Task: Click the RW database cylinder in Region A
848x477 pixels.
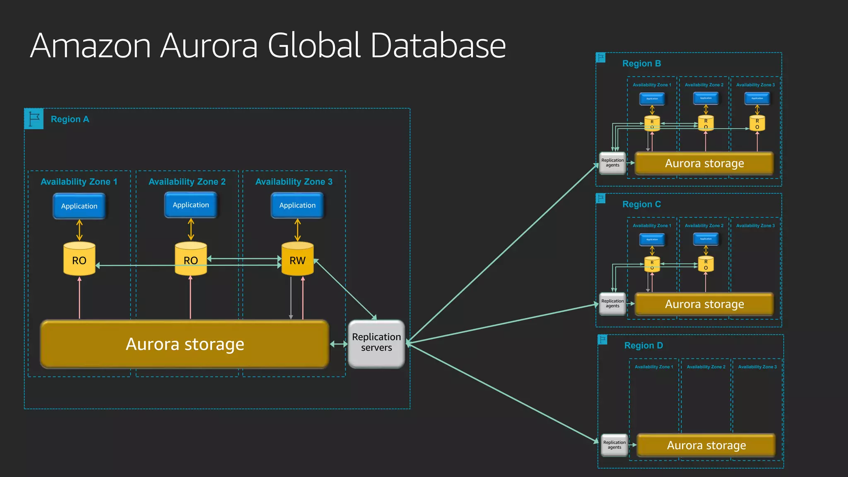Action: (297, 260)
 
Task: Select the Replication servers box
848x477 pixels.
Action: (376, 343)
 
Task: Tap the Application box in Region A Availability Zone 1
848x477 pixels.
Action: (79, 206)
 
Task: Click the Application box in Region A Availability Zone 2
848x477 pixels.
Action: (190, 205)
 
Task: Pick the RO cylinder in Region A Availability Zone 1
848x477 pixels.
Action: (79, 260)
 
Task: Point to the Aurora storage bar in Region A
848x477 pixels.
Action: (185, 344)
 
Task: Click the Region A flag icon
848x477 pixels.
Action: (34, 119)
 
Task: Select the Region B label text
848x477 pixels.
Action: (641, 64)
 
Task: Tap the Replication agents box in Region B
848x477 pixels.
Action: (612, 163)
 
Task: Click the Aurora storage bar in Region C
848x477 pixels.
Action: (704, 304)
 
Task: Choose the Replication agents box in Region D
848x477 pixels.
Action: (614, 445)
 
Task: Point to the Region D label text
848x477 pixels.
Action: (643, 346)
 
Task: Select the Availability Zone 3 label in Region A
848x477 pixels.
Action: (294, 182)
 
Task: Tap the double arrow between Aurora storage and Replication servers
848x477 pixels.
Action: (339, 344)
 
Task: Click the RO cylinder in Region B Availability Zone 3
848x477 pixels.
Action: (757, 123)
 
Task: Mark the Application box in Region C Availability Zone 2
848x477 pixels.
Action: (706, 239)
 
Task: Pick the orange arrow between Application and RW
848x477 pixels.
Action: (297, 230)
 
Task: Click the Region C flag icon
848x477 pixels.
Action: (600, 198)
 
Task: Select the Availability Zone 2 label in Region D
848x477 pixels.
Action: (706, 367)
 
